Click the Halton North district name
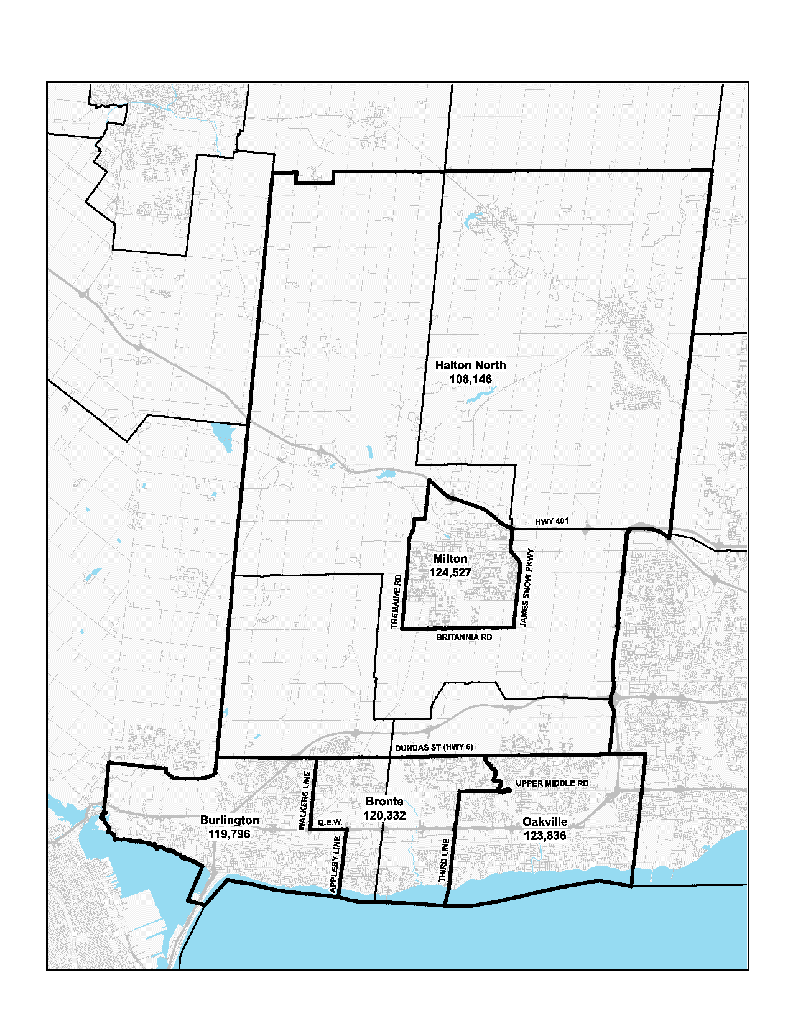(470, 366)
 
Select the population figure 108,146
(471, 379)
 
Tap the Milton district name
(450, 559)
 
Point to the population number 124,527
(450, 573)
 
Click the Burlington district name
(230, 820)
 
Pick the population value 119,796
(230, 834)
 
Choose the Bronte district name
(384, 802)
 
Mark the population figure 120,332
(384, 815)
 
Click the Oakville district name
(545, 822)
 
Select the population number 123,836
(545, 836)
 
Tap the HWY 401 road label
(552, 521)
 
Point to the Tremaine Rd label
(396, 601)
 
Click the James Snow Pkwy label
(527, 588)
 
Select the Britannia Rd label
(464, 637)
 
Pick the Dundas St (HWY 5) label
(434, 747)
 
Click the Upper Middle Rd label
(552, 783)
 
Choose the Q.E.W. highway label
(330, 823)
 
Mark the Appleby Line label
(335, 865)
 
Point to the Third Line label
(444, 861)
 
